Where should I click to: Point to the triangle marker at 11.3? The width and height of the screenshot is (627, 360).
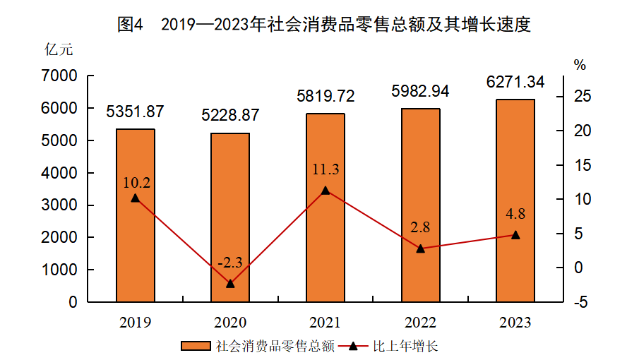(326, 191)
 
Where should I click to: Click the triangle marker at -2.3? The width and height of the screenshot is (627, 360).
(230, 284)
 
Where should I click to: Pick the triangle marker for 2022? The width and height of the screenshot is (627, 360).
(421, 248)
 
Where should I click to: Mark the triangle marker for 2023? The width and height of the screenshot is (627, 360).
(515, 235)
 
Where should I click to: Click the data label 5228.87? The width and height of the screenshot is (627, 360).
(230, 114)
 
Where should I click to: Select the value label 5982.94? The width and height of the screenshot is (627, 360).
(420, 91)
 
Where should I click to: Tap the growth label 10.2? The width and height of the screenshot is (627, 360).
(136, 183)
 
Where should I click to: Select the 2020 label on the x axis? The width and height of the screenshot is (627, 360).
(230, 323)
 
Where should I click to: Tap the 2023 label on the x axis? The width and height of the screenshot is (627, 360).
(515, 323)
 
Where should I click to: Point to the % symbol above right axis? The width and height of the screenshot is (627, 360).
(580, 65)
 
